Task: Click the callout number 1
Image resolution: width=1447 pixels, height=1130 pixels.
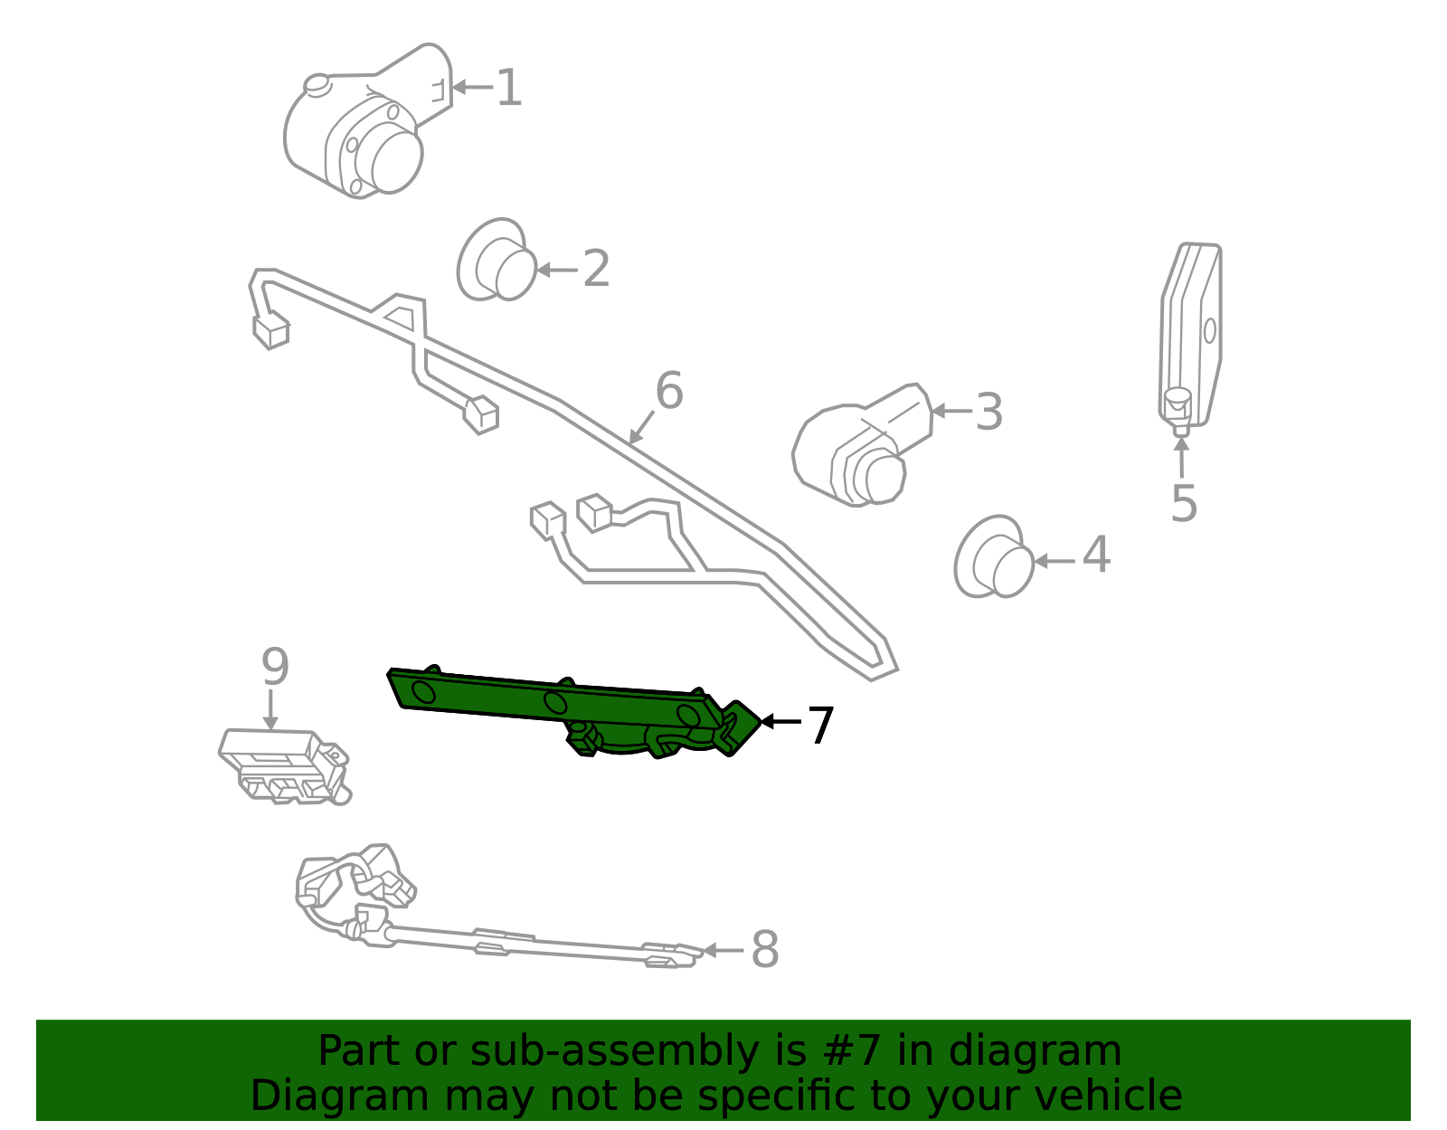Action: (509, 89)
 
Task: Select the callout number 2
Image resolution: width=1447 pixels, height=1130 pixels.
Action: (596, 270)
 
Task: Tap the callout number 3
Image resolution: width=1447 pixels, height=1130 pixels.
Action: (989, 412)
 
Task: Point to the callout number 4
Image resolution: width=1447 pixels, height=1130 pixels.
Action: (1096, 555)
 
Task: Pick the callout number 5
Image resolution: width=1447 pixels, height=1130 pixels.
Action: (1184, 503)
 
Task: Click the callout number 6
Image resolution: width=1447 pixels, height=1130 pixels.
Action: (669, 391)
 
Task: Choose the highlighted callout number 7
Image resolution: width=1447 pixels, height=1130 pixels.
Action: (819, 726)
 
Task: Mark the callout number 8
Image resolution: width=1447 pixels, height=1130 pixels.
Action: (765, 950)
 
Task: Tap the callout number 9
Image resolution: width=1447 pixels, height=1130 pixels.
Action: (275, 667)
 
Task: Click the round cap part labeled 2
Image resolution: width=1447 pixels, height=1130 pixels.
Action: (497, 261)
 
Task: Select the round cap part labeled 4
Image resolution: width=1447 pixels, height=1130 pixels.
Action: (994, 557)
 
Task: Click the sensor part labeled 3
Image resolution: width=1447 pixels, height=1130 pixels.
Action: (859, 448)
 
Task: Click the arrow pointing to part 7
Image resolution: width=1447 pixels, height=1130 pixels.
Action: (780, 721)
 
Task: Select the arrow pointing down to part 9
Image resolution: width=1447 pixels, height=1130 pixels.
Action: (270, 710)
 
